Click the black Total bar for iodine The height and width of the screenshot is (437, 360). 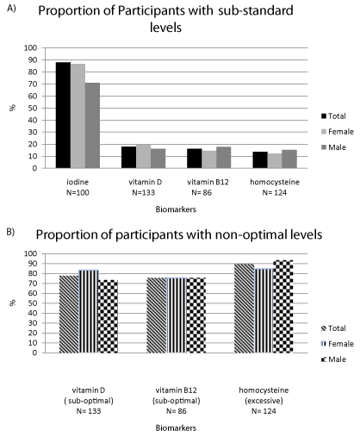[x=63, y=115]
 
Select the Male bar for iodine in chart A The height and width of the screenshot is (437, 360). [x=92, y=126]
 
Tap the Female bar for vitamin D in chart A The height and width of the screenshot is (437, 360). [x=144, y=156]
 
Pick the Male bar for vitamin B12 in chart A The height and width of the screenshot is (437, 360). [x=224, y=158]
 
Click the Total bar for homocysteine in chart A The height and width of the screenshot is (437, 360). [x=260, y=160]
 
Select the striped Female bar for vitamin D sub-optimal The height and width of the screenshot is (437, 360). [x=89, y=311]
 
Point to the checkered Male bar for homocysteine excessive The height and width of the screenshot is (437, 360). [x=283, y=306]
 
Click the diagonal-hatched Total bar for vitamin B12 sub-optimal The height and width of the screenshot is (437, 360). [x=157, y=315]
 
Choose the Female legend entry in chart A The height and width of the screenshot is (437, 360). [x=338, y=132]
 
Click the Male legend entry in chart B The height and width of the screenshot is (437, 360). [x=333, y=359]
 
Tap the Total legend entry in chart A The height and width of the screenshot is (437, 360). [x=333, y=116]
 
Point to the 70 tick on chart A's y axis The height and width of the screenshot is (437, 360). [x=34, y=84]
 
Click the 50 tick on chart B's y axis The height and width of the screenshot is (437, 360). [x=34, y=303]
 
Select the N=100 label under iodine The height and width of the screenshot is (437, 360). [x=78, y=192]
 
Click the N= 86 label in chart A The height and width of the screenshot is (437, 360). [x=202, y=192]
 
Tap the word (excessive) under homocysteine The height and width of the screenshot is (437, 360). [x=264, y=401]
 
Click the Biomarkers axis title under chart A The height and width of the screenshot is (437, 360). [x=176, y=209]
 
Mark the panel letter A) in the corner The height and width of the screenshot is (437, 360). [x=11, y=9]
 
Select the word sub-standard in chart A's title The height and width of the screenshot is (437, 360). [x=256, y=11]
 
